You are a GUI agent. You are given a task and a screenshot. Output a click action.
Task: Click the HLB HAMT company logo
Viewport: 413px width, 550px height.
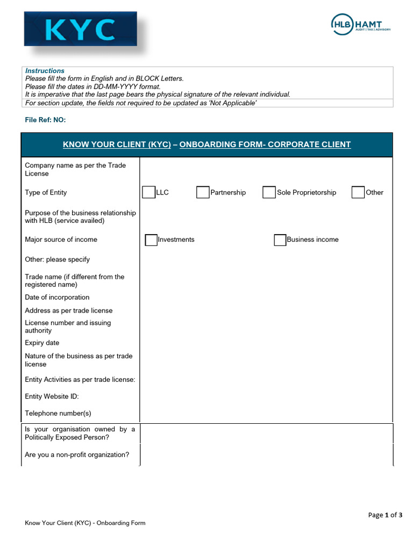pyautogui.click(x=360, y=24)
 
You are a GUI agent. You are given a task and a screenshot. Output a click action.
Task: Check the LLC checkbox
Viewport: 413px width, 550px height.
pyautogui.click(x=148, y=192)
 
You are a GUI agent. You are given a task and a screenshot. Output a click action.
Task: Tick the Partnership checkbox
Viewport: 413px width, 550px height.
pyautogui.click(x=203, y=192)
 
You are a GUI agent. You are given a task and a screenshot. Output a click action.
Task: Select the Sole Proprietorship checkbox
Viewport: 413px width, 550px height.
pyautogui.click(x=269, y=192)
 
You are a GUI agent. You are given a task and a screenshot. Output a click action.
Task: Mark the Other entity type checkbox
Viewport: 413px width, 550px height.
pyautogui.click(x=358, y=192)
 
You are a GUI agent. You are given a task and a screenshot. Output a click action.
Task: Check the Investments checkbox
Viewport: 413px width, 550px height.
pyautogui.click(x=151, y=240)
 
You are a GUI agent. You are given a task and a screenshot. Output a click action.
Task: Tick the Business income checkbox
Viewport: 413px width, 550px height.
pyautogui.click(x=280, y=240)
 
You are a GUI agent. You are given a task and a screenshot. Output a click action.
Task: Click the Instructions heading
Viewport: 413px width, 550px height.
pyautogui.click(x=45, y=71)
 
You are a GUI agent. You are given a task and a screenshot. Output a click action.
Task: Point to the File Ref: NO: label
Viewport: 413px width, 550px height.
pyautogui.click(x=45, y=120)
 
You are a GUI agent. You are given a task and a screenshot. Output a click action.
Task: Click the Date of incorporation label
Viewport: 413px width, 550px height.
pyautogui.click(x=57, y=298)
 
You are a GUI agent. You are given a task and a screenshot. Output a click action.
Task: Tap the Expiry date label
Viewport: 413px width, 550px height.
pyautogui.click(x=42, y=343)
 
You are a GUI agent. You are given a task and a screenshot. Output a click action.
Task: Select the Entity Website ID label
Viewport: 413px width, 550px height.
pyautogui.click(x=52, y=396)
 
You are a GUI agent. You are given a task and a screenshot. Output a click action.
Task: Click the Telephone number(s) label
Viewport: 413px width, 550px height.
pyautogui.click(x=58, y=414)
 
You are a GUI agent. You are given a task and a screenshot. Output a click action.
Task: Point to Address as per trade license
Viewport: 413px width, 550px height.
pyautogui.click(x=68, y=310)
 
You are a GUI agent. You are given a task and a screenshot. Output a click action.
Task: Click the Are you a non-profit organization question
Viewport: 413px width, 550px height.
pyautogui.click(x=77, y=455)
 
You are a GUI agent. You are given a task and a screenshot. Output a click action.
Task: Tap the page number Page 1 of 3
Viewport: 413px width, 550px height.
pyautogui.click(x=385, y=515)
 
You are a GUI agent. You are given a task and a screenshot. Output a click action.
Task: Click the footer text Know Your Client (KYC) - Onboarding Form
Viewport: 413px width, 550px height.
pyautogui.click(x=85, y=523)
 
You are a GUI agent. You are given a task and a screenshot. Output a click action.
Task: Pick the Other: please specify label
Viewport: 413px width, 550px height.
pyautogui.click(x=57, y=259)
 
